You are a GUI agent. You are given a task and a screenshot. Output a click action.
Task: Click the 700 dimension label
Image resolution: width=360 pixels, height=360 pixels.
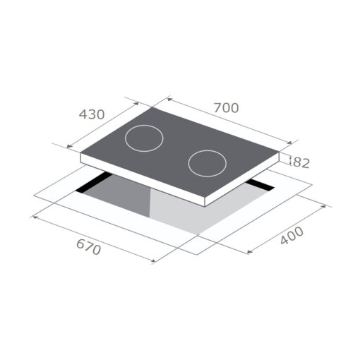point(227,108)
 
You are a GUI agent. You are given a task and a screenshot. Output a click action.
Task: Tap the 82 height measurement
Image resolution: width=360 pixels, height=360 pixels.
point(301,163)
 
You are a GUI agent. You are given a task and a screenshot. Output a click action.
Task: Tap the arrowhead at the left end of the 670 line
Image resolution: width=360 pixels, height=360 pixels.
point(32,217)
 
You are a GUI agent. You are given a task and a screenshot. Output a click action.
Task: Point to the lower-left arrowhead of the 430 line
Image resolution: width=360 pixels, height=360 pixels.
point(68,148)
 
